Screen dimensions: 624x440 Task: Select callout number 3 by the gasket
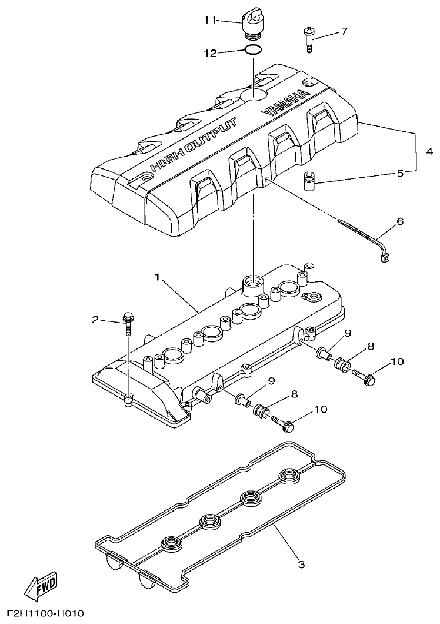click(x=301, y=565)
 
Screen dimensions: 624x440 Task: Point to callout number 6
click(x=400, y=221)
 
